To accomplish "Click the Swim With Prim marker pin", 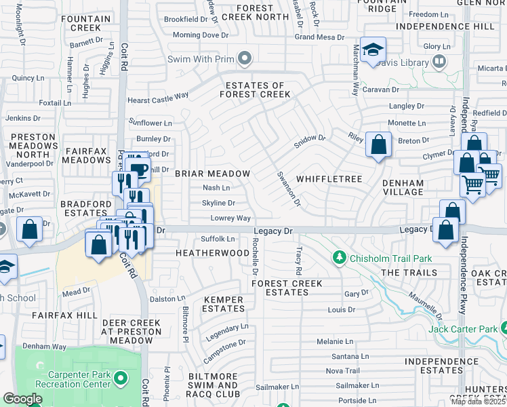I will click(x=244, y=59).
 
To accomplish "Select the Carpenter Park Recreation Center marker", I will click(x=121, y=377).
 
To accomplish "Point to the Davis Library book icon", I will click(x=439, y=63).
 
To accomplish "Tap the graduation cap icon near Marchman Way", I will click(x=373, y=50).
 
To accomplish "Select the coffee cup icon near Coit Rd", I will click(x=138, y=170).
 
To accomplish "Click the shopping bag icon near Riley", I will click(x=378, y=144).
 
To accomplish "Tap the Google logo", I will click(x=23, y=399).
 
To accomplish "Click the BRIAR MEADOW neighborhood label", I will click(x=212, y=174).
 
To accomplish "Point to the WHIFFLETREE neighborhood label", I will click(x=329, y=178).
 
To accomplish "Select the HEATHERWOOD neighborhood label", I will click(x=213, y=252).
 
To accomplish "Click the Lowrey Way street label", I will click(x=230, y=218).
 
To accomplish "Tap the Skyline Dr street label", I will click(x=218, y=203).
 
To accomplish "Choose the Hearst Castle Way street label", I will click(x=158, y=99).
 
